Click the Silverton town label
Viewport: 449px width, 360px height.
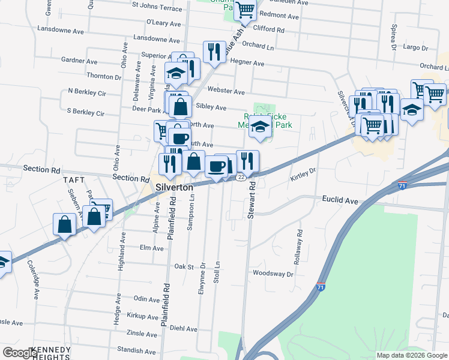pos(175,187)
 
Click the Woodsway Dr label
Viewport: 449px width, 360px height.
pos(273,274)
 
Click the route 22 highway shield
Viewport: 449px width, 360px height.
pos(241,176)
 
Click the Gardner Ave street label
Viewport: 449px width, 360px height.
pos(79,61)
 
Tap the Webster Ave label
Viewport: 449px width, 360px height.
pos(226,92)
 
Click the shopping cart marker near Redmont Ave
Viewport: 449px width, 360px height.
pos(245,10)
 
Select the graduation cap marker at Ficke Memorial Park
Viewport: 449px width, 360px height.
pos(261,126)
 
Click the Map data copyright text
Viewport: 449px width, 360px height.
pos(411,355)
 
